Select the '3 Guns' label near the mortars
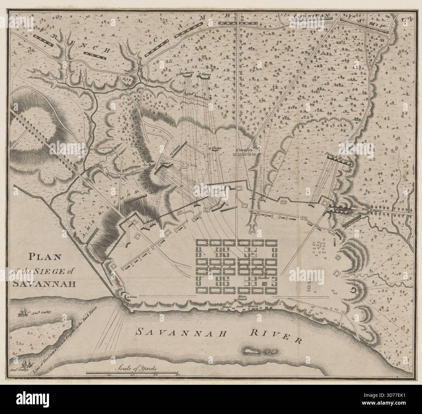205,74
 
